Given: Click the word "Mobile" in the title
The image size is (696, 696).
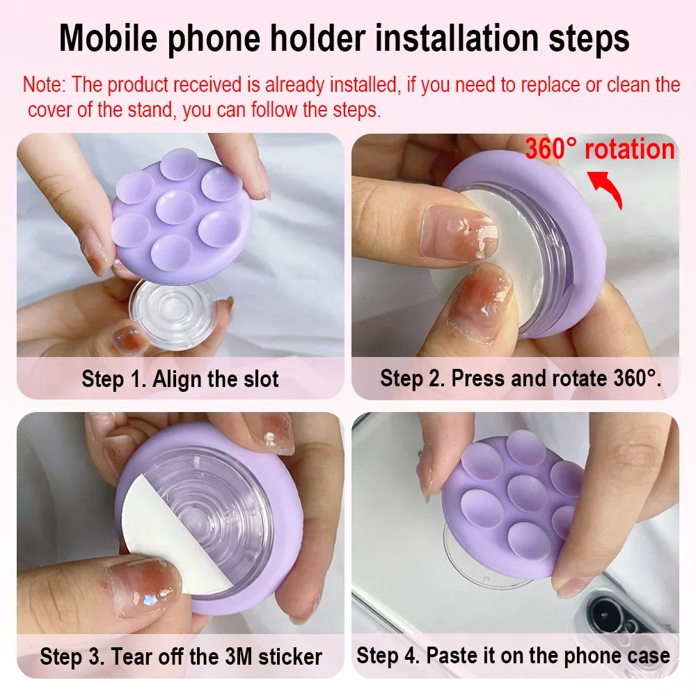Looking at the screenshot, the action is pos(109,38).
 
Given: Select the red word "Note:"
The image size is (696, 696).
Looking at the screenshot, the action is pos(44,84).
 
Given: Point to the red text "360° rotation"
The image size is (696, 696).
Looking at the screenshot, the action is pos(600,149).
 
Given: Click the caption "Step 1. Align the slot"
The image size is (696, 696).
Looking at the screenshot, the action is pos(180,379).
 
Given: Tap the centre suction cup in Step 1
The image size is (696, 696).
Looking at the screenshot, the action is pos(176,207).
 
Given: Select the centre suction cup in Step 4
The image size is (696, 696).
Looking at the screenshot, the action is pos(527,493).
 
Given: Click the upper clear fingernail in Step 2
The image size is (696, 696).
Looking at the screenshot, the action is pos(457,231).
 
